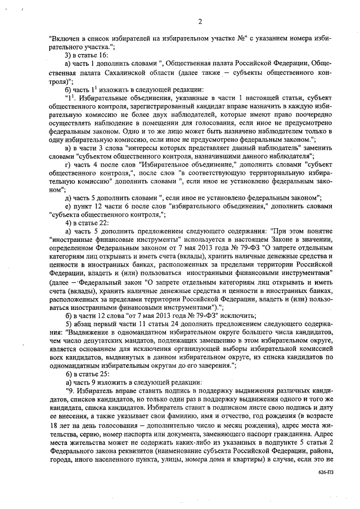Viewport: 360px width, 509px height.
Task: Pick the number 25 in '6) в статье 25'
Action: click(x=102, y=373)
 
